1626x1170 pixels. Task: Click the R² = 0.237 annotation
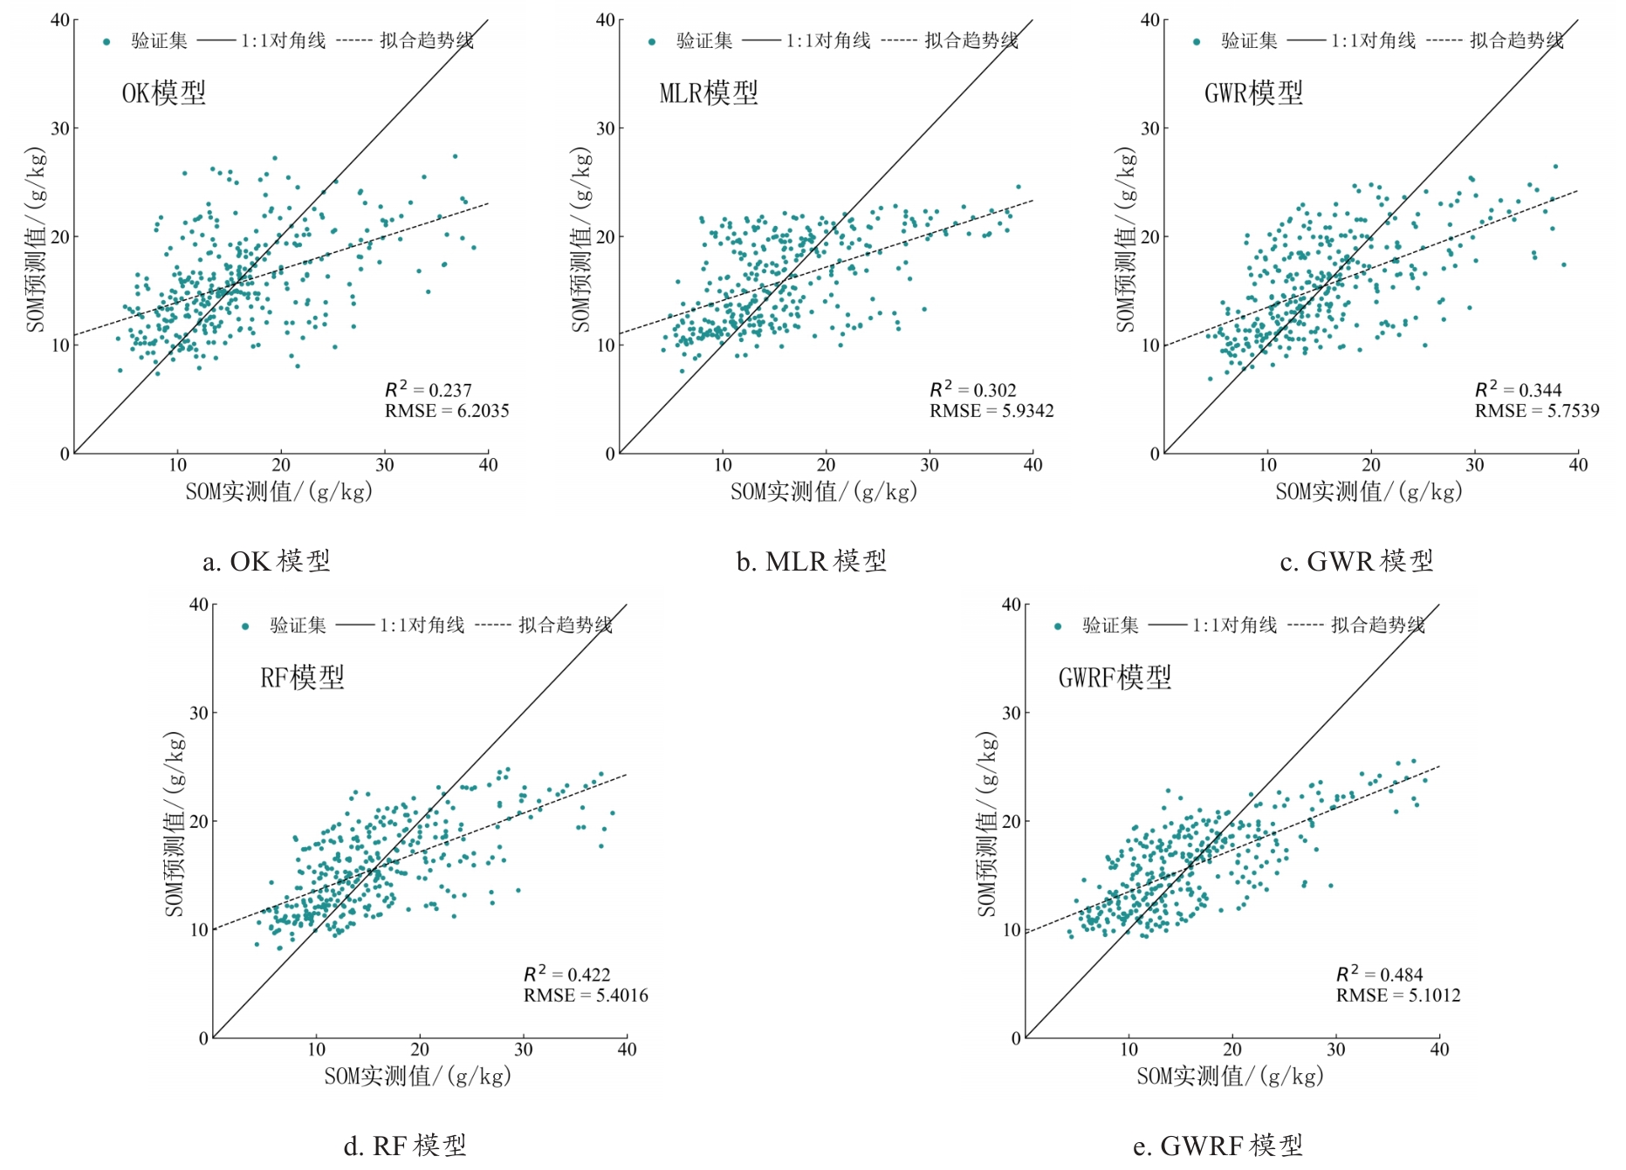(429, 390)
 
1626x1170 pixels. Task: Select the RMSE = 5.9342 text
(991, 411)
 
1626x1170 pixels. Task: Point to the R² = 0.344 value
(1518, 390)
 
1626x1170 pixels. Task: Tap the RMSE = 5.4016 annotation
(586, 996)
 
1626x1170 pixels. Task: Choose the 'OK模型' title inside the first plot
(164, 93)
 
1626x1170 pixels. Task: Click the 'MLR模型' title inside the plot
(709, 93)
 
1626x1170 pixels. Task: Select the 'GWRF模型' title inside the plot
(1115, 678)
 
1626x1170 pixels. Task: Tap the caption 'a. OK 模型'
(266, 561)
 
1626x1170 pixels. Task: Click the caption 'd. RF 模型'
(405, 1146)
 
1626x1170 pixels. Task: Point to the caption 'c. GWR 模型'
(1356, 561)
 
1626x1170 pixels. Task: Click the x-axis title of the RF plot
(417, 1077)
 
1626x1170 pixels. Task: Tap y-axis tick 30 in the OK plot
(59, 128)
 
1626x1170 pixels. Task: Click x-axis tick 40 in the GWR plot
(1578, 465)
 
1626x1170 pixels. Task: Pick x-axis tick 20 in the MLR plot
(826, 465)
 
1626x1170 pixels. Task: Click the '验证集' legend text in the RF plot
(298, 626)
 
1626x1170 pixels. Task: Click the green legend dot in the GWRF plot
(1058, 626)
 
